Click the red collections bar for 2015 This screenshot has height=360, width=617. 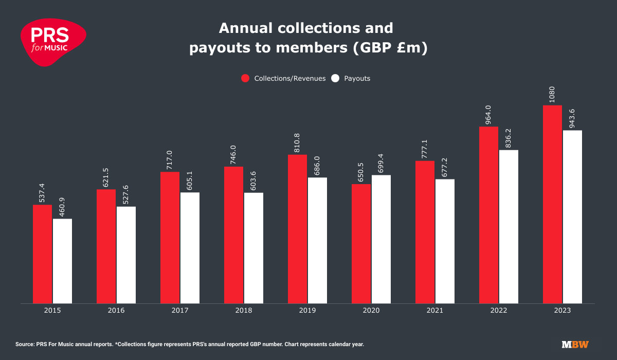point(42,254)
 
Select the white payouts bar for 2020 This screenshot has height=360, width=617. point(381,239)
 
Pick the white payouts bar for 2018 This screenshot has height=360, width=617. point(253,248)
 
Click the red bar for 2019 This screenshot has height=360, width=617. point(297,229)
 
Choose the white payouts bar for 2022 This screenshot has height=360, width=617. point(509,226)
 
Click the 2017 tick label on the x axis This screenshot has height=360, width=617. point(180,311)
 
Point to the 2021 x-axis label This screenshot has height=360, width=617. point(435,311)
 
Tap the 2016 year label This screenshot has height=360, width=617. point(116,311)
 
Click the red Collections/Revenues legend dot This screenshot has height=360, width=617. point(245,79)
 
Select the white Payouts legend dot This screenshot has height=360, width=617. point(335,79)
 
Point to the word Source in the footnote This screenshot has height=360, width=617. point(25,344)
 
